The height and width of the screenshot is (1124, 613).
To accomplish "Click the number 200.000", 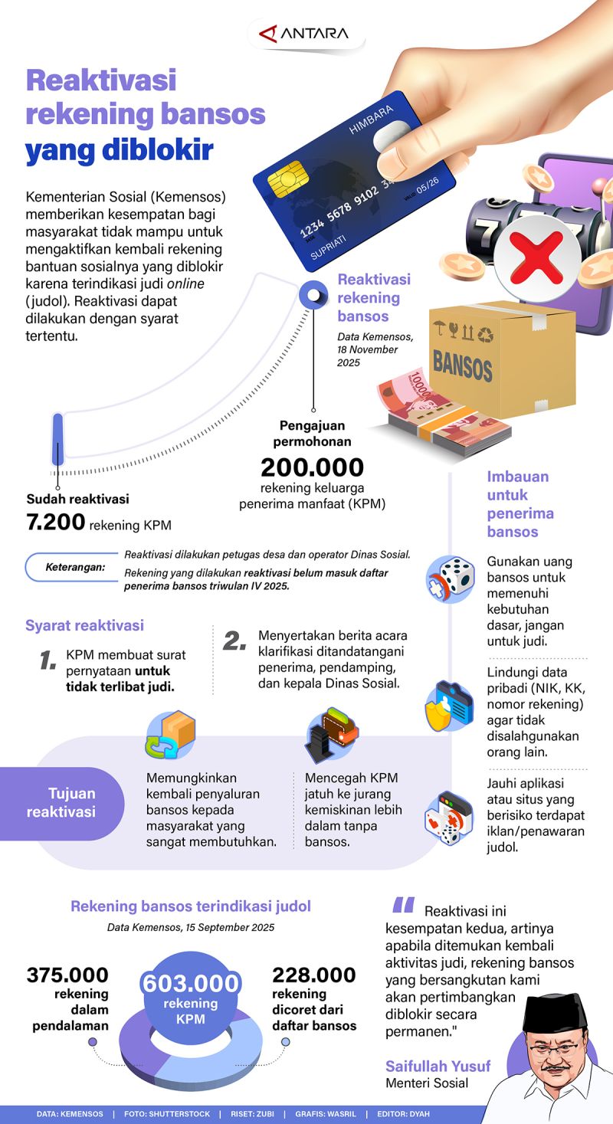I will (x=312, y=467).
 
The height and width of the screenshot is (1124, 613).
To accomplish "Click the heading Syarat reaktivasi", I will (x=84, y=625).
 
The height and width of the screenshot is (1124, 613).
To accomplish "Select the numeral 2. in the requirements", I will (x=234, y=641).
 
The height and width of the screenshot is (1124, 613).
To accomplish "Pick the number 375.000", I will (x=67, y=975).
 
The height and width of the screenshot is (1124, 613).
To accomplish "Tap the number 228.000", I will (x=314, y=975).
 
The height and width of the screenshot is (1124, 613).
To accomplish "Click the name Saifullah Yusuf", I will (x=438, y=1066).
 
